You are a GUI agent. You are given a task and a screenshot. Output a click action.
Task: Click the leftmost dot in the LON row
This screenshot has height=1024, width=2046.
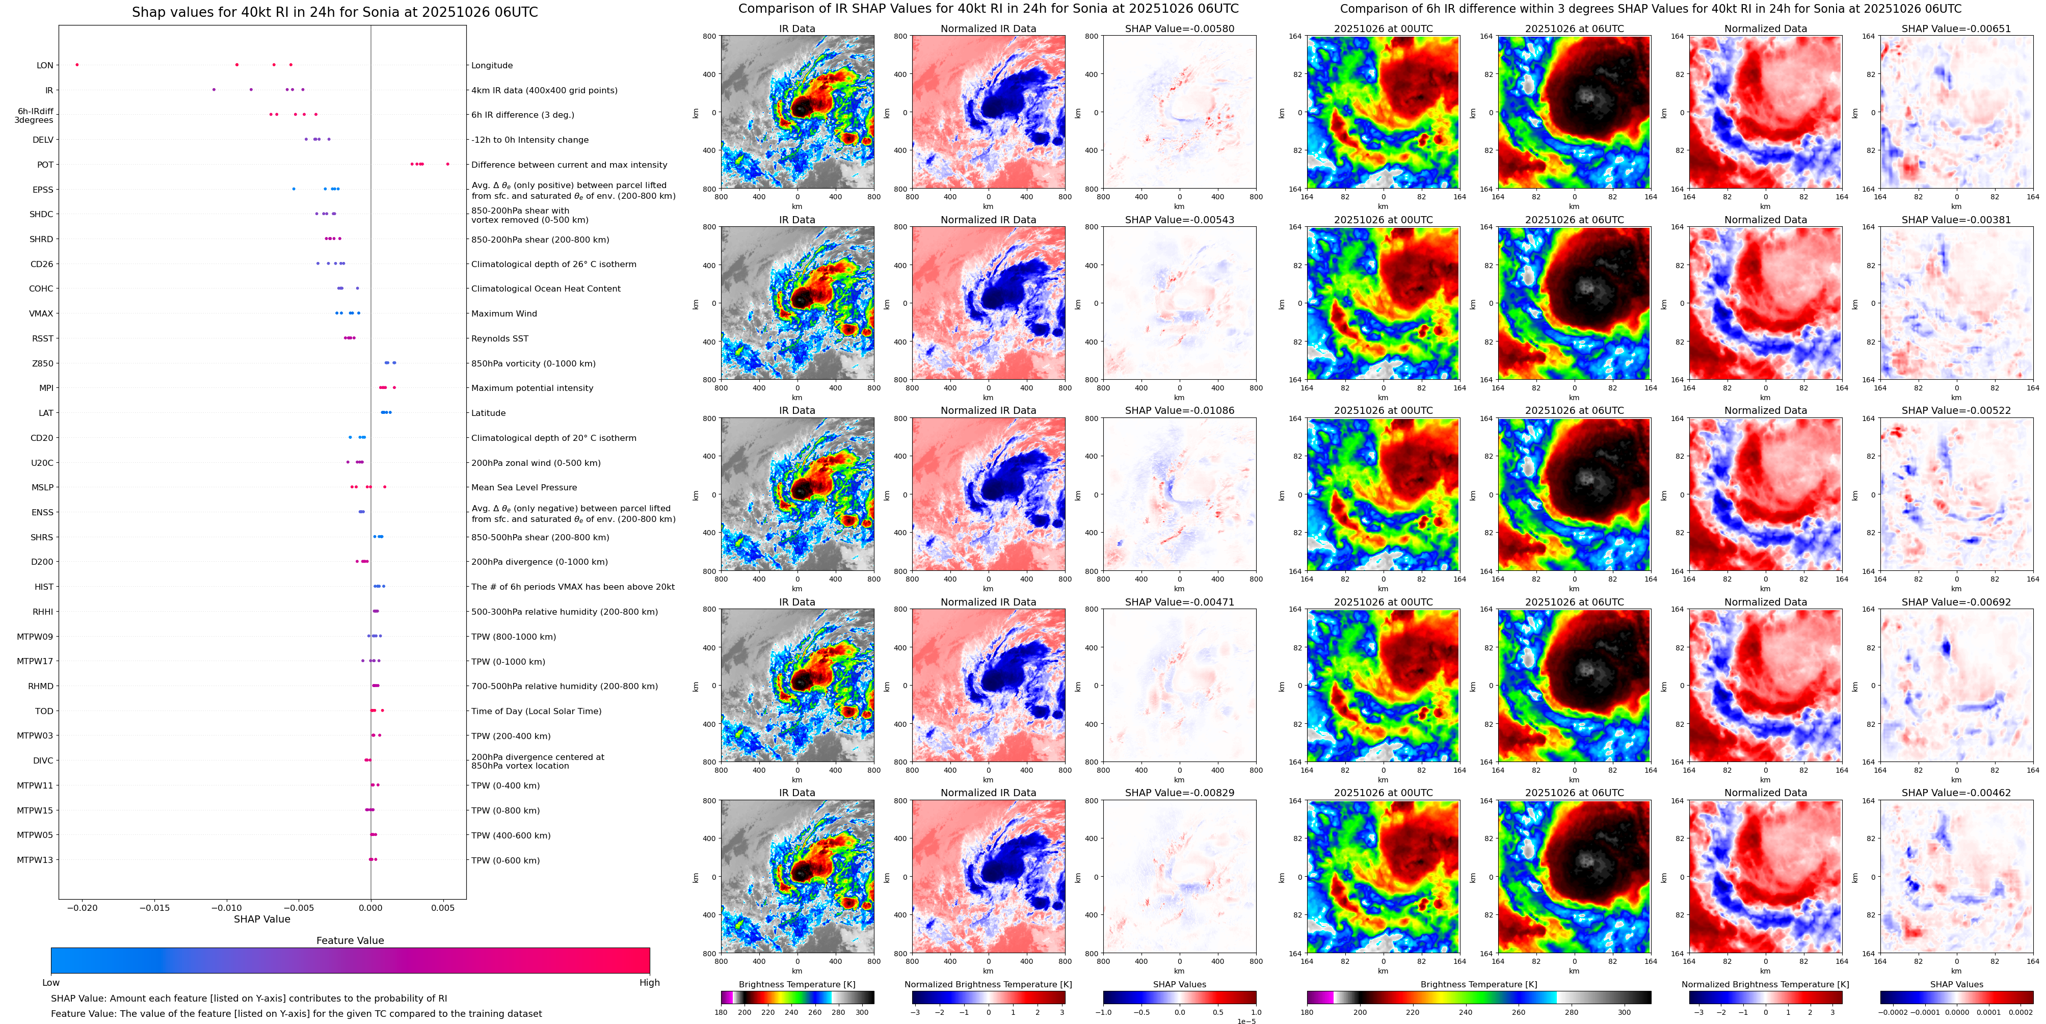pyautogui.click(x=77, y=64)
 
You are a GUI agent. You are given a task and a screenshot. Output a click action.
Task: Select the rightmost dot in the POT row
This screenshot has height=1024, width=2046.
pyautogui.click(x=448, y=165)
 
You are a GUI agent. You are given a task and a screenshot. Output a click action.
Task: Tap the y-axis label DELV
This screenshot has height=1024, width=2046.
pyautogui.click(x=43, y=140)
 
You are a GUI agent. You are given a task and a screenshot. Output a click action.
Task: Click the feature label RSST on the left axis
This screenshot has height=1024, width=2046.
pyautogui.click(x=43, y=338)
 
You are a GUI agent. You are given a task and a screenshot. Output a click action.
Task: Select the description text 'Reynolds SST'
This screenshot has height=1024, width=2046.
pyautogui.click(x=499, y=338)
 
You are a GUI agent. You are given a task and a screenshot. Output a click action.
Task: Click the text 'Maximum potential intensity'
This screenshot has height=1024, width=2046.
pyautogui.click(x=532, y=388)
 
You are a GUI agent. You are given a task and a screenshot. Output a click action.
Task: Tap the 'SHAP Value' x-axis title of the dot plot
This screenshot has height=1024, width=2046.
pyautogui.click(x=262, y=919)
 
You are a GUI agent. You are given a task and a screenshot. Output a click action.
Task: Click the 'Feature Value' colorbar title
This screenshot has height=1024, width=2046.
pyautogui.click(x=350, y=940)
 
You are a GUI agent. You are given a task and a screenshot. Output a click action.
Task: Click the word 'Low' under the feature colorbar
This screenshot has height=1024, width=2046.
pyautogui.click(x=51, y=983)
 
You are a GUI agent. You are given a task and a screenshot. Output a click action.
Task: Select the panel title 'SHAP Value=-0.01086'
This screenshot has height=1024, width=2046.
pyautogui.click(x=1180, y=411)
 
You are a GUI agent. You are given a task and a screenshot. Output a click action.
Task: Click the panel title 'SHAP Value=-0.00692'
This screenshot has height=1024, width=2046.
pyautogui.click(x=1956, y=602)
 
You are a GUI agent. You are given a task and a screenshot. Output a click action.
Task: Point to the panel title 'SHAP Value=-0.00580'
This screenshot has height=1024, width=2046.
pyautogui.click(x=1180, y=29)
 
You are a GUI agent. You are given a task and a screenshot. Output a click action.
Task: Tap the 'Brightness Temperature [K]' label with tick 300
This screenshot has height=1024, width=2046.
pyautogui.click(x=796, y=984)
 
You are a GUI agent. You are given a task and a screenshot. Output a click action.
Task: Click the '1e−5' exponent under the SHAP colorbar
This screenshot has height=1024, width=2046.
pyautogui.click(x=1245, y=1021)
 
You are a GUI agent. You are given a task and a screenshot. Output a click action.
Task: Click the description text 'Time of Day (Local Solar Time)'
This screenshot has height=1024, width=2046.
pyautogui.click(x=536, y=711)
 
